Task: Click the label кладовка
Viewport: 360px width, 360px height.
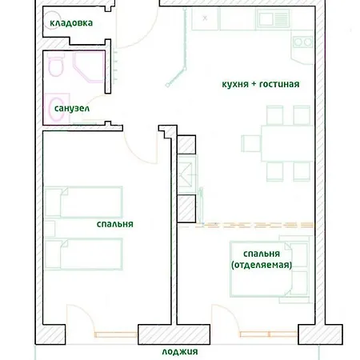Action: (70, 23)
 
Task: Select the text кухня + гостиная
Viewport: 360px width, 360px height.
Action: (260, 83)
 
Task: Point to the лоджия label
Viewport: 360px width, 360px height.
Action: (179, 351)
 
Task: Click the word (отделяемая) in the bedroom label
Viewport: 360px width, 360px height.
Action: (261, 264)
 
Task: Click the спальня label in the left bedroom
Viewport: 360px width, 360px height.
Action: (114, 225)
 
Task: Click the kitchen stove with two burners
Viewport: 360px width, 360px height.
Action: (302, 42)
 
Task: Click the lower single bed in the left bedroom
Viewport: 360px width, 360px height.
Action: (84, 254)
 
